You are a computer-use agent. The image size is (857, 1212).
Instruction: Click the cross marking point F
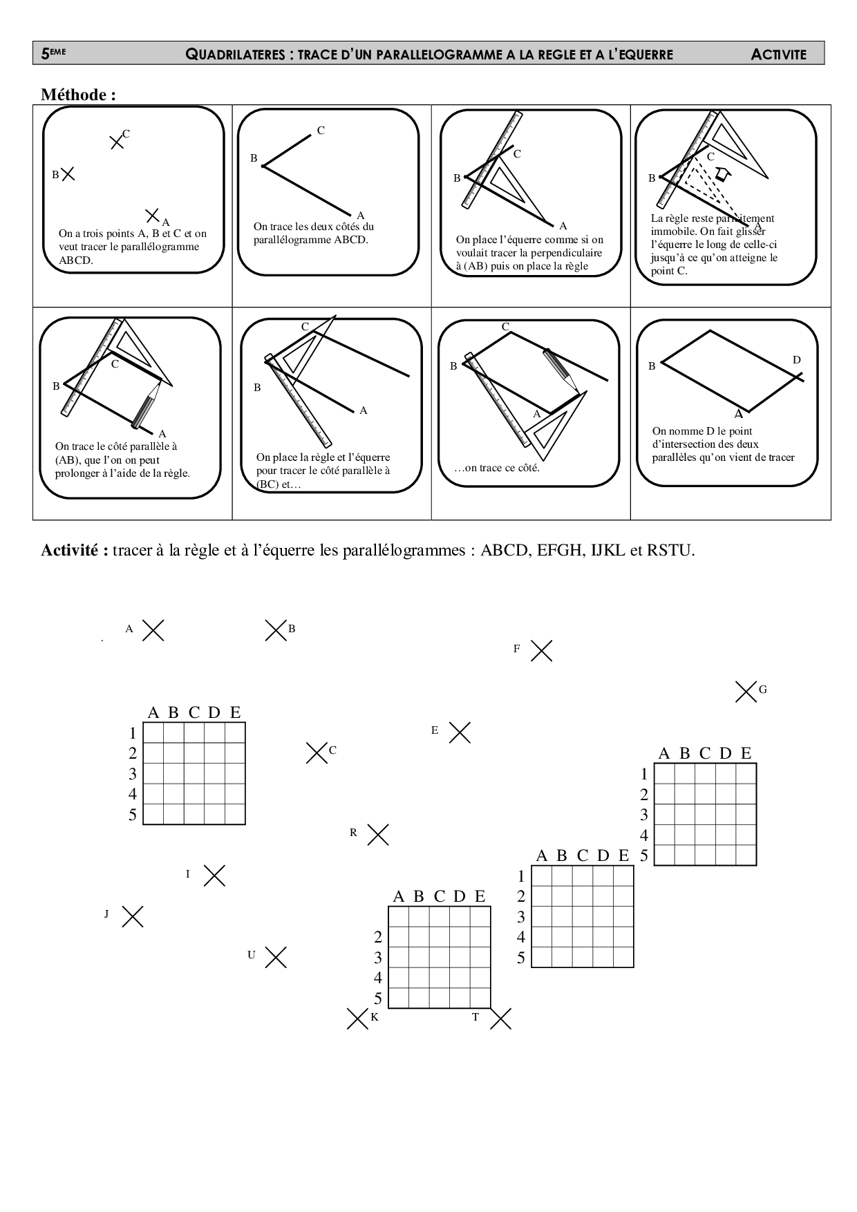point(541,650)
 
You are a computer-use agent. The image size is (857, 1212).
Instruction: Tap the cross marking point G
point(746,691)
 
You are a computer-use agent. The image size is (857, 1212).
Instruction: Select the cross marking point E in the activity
point(460,732)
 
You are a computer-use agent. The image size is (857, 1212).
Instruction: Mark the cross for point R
point(377,835)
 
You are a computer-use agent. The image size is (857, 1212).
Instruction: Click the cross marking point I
point(214,875)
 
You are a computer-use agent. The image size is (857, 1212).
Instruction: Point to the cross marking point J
point(132,916)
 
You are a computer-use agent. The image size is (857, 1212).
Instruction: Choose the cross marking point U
point(275,957)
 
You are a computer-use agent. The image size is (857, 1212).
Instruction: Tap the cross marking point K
point(357,1019)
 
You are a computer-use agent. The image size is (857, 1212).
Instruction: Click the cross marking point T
point(500,1019)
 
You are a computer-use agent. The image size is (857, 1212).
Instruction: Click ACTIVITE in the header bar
point(778,55)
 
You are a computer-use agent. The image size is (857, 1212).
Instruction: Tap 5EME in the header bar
point(53,53)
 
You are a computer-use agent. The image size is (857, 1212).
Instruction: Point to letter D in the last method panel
point(796,360)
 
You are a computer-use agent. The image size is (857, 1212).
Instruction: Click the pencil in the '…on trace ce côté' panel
point(559,366)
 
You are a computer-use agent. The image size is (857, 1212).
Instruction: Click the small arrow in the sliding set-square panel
point(722,174)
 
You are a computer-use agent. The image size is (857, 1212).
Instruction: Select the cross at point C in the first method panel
point(117,142)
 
